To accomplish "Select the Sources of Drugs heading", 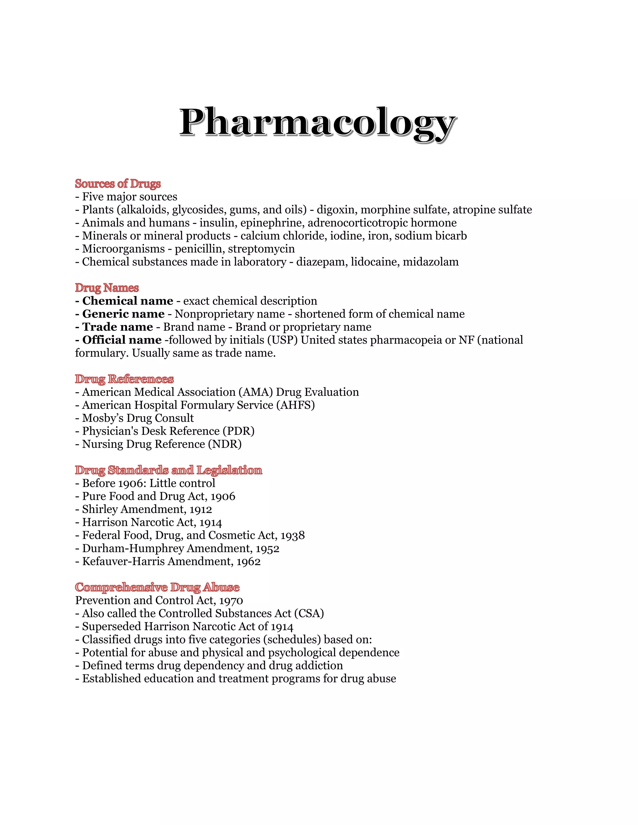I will [118, 184].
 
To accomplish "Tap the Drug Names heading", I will [107, 288].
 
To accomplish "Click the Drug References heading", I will [124, 379].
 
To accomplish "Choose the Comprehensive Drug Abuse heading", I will [157, 587].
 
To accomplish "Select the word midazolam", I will [431, 262].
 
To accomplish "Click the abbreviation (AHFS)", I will [295, 405].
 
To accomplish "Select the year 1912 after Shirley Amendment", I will [201, 510].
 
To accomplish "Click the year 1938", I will [293, 536].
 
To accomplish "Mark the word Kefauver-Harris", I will [124, 562].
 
